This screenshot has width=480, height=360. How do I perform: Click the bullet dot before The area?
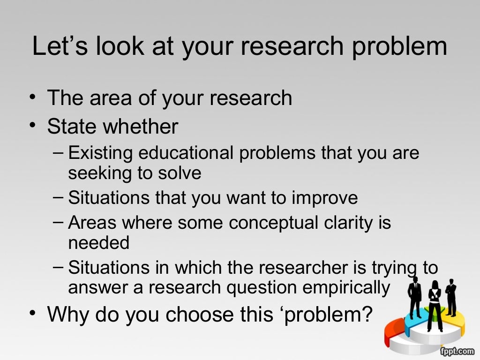tap(31, 97)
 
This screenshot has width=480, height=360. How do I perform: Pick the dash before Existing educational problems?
tap(58, 152)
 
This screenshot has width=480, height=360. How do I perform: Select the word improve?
tap(325, 198)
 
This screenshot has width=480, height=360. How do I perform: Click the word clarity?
tap(342, 223)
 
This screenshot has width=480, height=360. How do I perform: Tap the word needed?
tap(98, 243)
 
